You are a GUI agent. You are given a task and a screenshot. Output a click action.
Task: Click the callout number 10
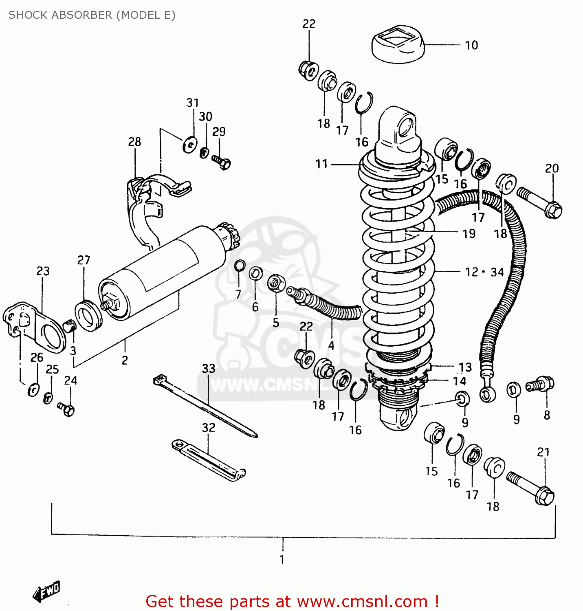(471, 45)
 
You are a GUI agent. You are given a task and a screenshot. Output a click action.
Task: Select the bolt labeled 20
(540, 202)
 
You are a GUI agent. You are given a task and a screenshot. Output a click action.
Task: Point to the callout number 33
(209, 369)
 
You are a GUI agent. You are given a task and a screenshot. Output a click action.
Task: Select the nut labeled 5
(276, 282)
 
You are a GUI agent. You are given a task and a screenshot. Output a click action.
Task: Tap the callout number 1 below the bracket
(282, 559)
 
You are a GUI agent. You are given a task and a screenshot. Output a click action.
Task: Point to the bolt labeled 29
(222, 163)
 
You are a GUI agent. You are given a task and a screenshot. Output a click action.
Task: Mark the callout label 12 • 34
(484, 272)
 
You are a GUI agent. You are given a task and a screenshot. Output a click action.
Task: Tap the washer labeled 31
(190, 144)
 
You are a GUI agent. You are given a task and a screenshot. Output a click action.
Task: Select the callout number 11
(321, 164)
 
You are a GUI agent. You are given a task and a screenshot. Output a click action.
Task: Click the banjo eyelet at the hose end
(487, 394)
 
